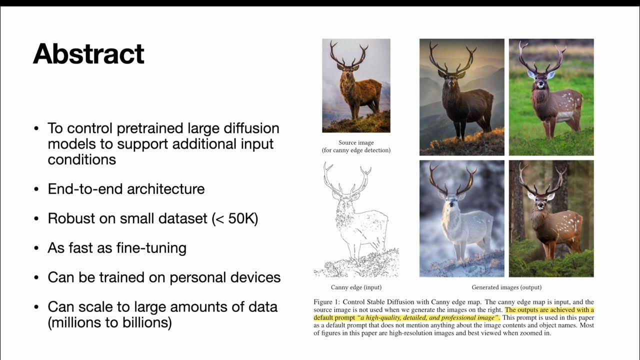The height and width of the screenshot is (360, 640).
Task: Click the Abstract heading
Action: click(88, 54)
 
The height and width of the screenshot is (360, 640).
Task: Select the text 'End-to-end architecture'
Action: click(126, 189)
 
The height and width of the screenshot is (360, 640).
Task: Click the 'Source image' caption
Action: click(356, 142)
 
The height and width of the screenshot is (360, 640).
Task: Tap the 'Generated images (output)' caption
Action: click(506, 287)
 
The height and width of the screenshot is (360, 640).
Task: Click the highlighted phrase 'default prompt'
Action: click(333, 317)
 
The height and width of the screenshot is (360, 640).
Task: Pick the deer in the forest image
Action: click(550, 220)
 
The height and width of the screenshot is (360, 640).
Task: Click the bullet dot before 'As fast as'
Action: click(36, 248)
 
